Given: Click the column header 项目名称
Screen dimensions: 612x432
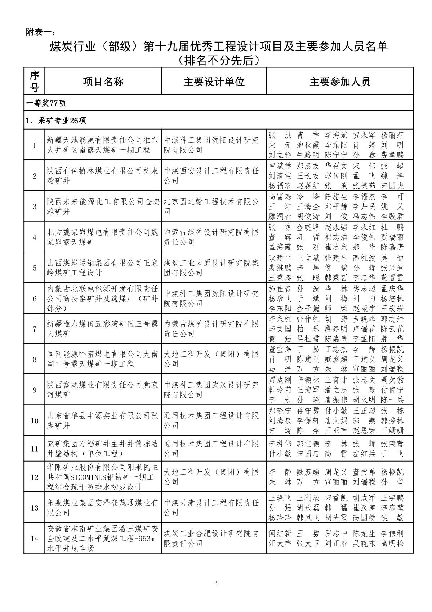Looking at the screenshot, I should tap(103, 82).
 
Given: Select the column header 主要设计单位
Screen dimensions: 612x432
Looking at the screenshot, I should tap(214, 82).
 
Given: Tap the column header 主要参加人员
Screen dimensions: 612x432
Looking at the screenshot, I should tap(340, 82).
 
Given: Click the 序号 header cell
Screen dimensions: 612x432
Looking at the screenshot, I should tap(35, 82).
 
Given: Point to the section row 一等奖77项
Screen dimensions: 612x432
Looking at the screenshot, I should tap(46, 103).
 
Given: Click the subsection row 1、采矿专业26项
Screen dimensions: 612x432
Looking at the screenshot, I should tap(56, 121).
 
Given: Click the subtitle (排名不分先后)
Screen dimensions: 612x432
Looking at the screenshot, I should tap(219, 60).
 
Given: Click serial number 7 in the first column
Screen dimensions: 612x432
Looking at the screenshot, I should tap(35, 329).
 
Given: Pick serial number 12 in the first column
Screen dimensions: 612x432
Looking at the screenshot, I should tap(35, 477).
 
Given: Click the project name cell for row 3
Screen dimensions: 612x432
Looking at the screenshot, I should tap(103, 206).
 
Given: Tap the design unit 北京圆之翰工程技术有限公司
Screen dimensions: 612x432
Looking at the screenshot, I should tap(211, 206).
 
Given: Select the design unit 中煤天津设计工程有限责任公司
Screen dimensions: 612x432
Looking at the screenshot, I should tap(211, 508).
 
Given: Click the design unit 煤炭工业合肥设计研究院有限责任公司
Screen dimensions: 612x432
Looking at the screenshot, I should tap(211, 538).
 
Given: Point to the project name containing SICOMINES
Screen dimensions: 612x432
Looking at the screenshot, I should tap(103, 477).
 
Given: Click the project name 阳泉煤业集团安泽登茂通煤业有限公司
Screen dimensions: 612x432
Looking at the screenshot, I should tap(103, 508).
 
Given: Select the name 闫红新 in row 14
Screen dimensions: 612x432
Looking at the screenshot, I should tap(280, 534).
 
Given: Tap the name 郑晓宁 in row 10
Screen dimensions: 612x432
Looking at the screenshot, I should tap(280, 411).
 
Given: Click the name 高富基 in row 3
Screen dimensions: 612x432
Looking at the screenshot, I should tap(280, 197).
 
